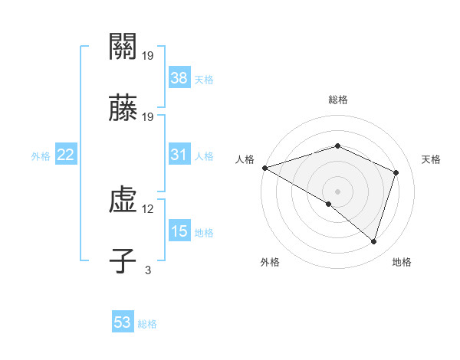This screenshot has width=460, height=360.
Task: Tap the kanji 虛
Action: coord(123,202)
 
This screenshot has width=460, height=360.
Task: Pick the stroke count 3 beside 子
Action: coord(148,270)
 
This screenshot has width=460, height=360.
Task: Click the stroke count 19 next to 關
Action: coord(148,55)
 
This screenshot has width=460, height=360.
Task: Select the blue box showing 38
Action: coord(179,77)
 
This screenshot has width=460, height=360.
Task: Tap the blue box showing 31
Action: coord(179,155)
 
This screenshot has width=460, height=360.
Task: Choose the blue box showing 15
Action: coord(179,231)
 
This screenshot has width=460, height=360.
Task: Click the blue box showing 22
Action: coord(66,155)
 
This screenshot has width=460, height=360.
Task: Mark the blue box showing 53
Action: coord(123,322)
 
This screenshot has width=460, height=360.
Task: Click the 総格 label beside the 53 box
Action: coord(147,324)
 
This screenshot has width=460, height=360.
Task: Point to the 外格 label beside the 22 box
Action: coord(41,156)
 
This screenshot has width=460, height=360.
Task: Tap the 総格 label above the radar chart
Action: coord(338,100)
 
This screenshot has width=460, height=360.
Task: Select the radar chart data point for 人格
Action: coord(264,168)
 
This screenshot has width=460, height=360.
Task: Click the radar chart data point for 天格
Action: coord(396,172)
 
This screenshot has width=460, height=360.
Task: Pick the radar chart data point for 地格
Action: coord(373,242)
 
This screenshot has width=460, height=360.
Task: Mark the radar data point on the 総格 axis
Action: coord(338,146)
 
